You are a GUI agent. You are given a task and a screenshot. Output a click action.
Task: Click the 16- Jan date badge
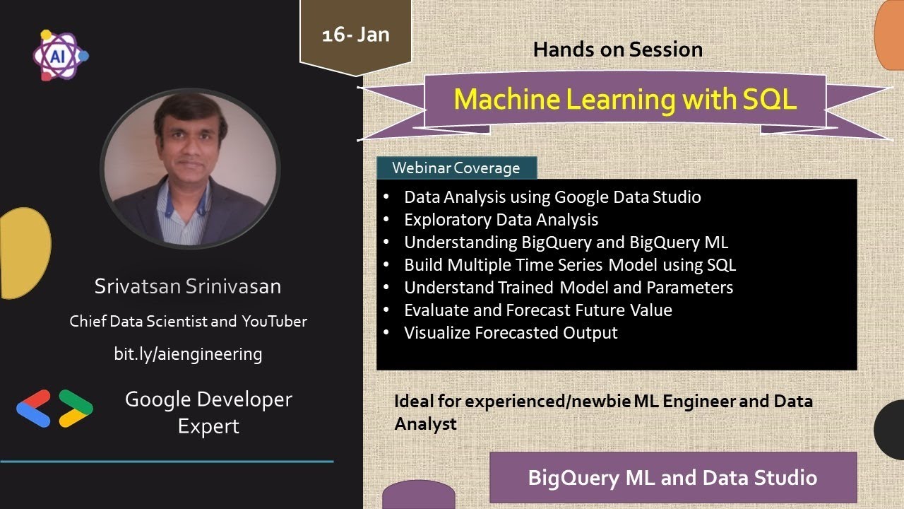tap(355, 35)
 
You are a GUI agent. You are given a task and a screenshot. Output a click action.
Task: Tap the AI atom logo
tap(59, 55)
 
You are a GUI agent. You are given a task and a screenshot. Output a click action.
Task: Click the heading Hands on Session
tap(617, 49)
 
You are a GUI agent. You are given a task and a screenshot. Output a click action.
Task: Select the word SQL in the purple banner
tap(769, 99)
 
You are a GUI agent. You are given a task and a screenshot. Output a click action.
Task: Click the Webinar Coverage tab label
tap(456, 168)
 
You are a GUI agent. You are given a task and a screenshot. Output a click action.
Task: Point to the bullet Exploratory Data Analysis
tap(501, 220)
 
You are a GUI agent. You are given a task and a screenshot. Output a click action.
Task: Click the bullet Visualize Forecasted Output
tap(511, 333)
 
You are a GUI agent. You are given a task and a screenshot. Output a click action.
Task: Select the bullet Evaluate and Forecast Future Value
tap(537, 310)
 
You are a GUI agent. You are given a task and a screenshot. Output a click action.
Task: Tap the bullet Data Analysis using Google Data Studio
tap(552, 197)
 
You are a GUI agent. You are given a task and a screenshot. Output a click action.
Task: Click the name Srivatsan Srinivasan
tap(188, 286)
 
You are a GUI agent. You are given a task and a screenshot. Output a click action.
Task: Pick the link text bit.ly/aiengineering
tap(188, 353)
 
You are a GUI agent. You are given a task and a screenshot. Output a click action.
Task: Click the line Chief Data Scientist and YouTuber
tap(188, 321)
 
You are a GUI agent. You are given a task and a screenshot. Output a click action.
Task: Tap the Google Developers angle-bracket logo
tap(54, 408)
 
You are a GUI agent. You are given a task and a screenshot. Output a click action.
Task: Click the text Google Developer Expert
tap(208, 412)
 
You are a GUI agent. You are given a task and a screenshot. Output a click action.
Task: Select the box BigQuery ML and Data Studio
tap(672, 477)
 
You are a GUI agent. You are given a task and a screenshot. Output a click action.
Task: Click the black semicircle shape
tap(890, 429)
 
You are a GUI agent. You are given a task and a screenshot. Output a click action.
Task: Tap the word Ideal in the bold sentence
tap(410, 402)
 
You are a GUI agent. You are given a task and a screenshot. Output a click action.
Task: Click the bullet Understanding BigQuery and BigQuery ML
tap(566, 242)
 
